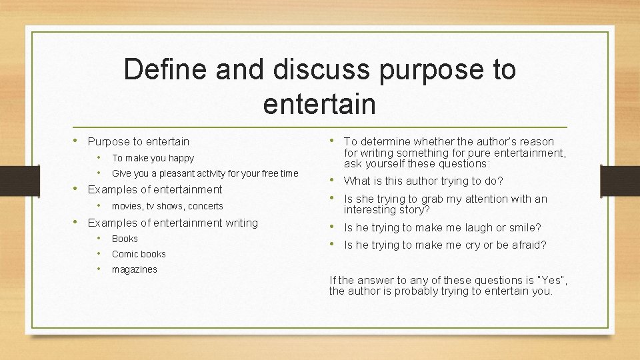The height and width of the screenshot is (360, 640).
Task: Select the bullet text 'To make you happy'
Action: [x=153, y=158]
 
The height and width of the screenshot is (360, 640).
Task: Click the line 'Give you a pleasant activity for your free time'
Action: [x=205, y=173]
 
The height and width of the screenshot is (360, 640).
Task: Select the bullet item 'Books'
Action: [x=125, y=239]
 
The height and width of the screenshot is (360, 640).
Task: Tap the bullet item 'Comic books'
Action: [x=139, y=254]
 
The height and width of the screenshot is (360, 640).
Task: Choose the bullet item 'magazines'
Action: [x=134, y=269]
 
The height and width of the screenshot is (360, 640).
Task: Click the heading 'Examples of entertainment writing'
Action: [x=173, y=223]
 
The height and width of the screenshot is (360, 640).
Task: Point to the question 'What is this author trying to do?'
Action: [x=423, y=181]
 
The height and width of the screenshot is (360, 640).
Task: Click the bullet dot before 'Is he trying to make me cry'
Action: [x=333, y=244]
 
